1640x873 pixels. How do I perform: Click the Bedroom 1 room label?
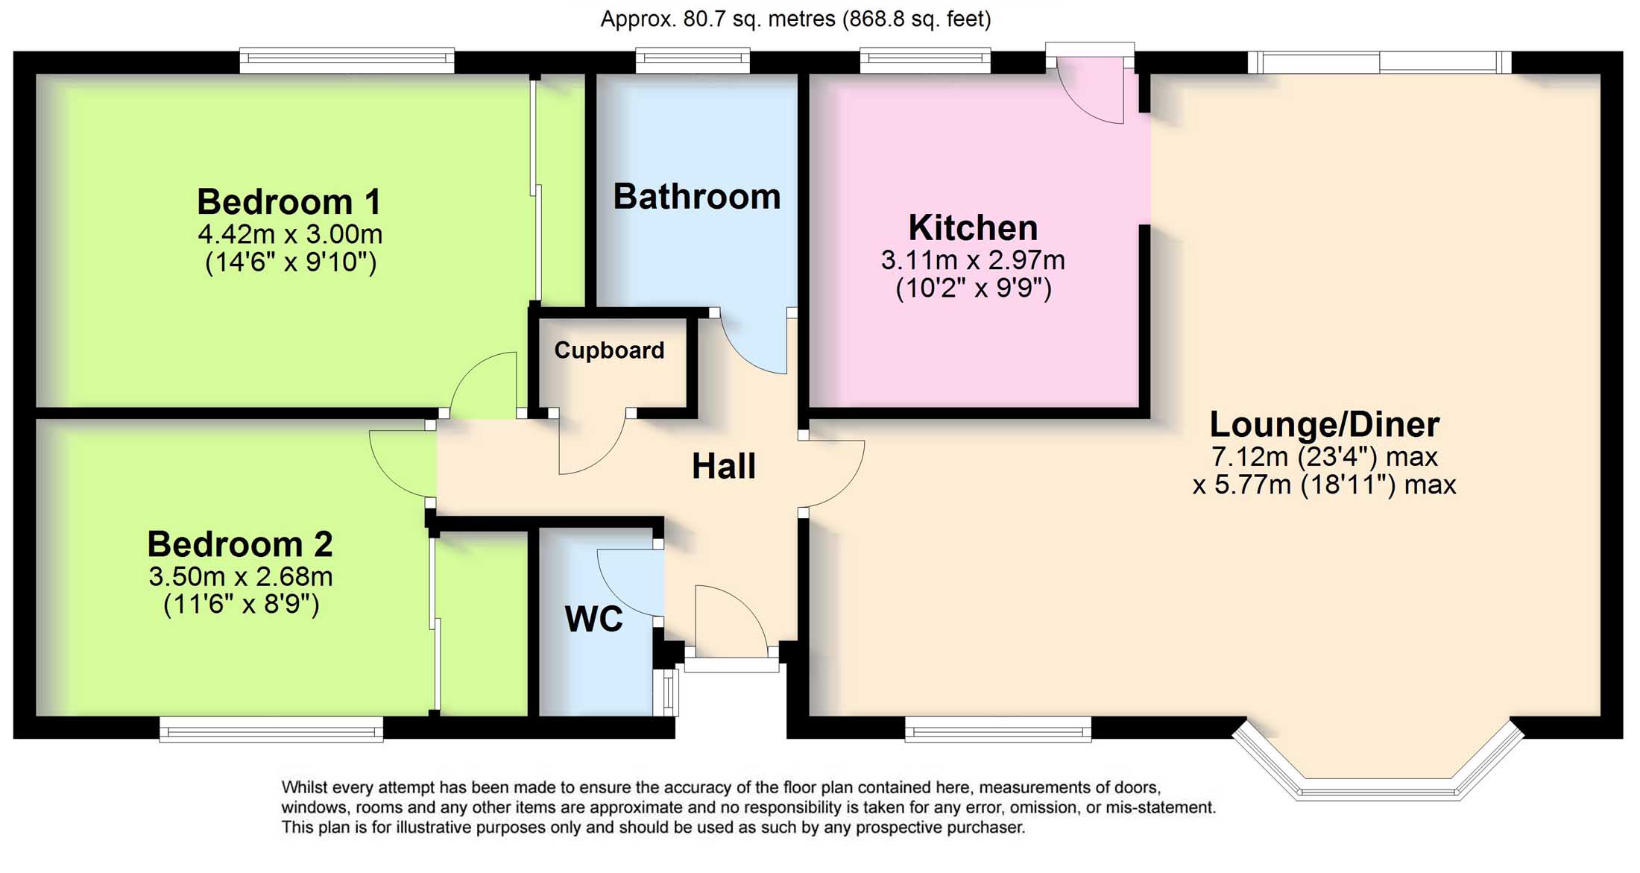click(x=289, y=202)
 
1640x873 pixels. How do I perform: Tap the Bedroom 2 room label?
click(x=240, y=544)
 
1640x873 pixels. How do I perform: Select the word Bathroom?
click(x=697, y=197)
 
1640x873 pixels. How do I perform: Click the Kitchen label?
click(x=973, y=227)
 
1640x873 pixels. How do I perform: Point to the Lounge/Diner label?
click(x=1324, y=424)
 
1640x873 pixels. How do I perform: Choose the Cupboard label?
click(x=609, y=350)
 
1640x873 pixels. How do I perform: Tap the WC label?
click(x=593, y=619)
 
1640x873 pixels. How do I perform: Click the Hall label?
click(x=724, y=467)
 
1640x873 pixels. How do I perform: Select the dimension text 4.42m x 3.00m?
click(x=290, y=234)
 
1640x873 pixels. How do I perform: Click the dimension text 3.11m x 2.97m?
click(x=973, y=260)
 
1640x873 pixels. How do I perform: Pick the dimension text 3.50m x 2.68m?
click(x=240, y=576)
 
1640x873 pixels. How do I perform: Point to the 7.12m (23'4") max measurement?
click(x=1324, y=456)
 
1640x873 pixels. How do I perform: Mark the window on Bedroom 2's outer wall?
click(x=271, y=729)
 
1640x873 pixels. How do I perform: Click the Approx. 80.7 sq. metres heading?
click(x=795, y=19)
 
